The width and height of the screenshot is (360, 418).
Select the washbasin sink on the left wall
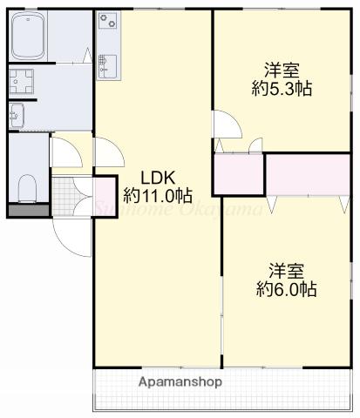[16, 113]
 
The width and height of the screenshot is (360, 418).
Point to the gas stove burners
[109, 19]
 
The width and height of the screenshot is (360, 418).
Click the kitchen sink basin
[107, 63]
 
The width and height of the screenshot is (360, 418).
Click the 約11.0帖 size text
[158, 193]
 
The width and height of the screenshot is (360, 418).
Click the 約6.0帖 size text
[287, 290]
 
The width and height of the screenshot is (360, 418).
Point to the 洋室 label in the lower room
[287, 269]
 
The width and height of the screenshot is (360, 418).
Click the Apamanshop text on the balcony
[180, 381]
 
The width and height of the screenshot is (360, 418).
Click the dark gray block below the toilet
[29, 210]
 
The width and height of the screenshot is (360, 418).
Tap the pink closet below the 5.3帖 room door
[239, 175]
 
